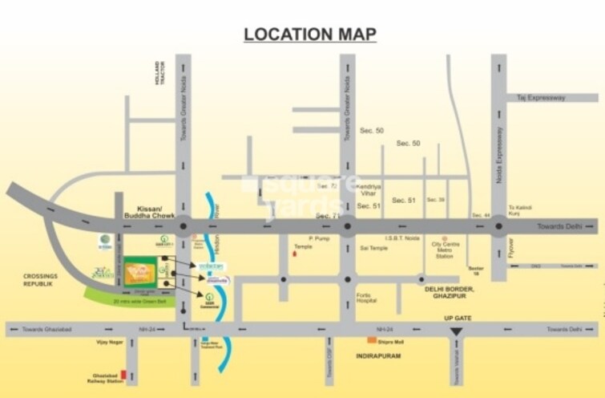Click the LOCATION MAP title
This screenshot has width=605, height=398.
pyautogui.click(x=309, y=34)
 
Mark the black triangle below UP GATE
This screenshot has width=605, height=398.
pyautogui.click(x=456, y=331)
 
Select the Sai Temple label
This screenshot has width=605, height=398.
pyautogui.click(x=374, y=248)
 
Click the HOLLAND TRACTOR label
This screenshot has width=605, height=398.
pyautogui.click(x=159, y=74)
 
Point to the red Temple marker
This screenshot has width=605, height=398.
pyautogui.click(x=295, y=254)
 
